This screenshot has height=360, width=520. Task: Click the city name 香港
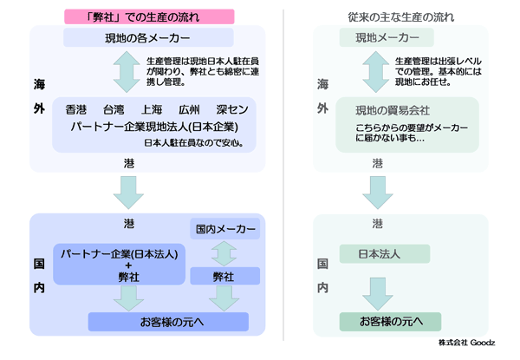pos(76,110)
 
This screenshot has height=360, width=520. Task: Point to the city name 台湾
pos(114,110)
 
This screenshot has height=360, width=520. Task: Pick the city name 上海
pos(151,110)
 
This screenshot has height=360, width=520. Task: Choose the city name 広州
pos(188,110)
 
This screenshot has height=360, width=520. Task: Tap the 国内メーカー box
pos(225,229)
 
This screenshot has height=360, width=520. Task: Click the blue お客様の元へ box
pos(173,322)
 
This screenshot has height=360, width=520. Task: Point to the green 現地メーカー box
pos(380,38)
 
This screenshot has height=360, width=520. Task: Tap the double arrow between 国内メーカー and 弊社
pos(224,253)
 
